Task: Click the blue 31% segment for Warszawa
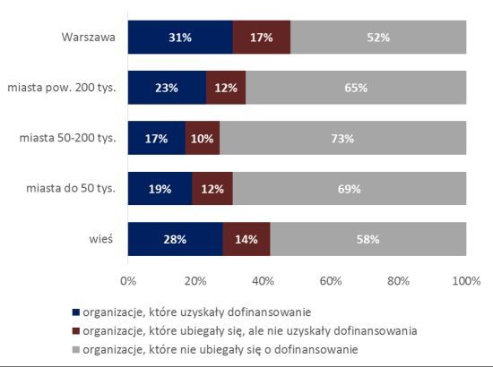tap(180, 37)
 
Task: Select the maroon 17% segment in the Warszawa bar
tap(262, 37)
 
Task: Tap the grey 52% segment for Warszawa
tap(378, 37)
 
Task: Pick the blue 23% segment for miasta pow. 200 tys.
tap(167, 88)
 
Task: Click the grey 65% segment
tap(356, 88)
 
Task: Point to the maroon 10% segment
tap(203, 138)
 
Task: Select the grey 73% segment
tap(343, 138)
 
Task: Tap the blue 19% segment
tap(160, 188)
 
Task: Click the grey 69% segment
tap(350, 188)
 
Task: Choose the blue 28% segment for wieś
tap(176, 239)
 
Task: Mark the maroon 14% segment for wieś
tap(246, 239)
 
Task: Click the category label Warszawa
tap(89, 37)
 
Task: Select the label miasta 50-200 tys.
tap(67, 138)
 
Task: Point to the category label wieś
tap(101, 239)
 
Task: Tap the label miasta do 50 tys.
tap(71, 188)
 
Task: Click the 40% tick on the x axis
tap(264, 281)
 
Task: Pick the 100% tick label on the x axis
tap(466, 281)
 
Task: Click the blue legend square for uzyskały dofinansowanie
tap(76, 312)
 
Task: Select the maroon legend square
tap(76, 331)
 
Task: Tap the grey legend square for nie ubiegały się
tap(76, 349)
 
